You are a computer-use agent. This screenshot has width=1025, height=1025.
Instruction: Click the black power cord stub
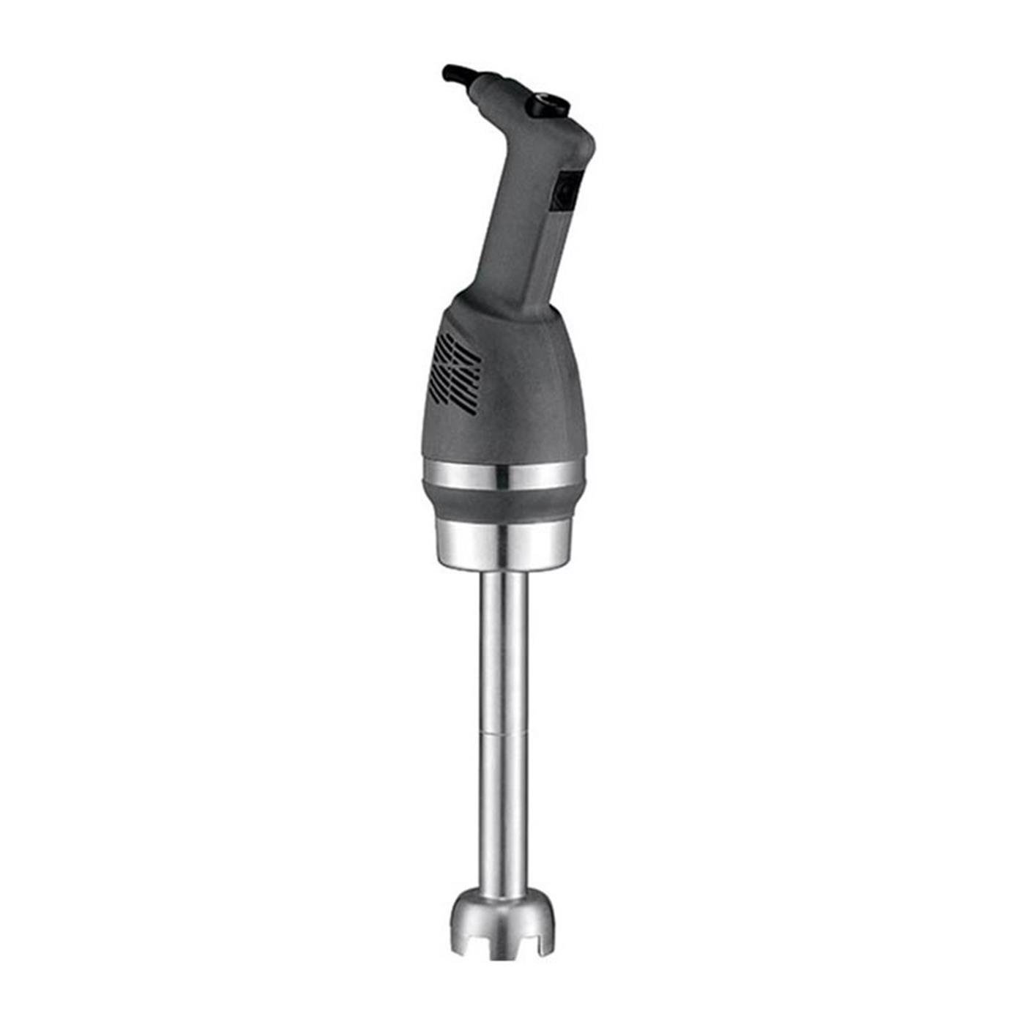[455, 73]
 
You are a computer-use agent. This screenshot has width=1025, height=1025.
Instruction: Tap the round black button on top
[548, 101]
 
